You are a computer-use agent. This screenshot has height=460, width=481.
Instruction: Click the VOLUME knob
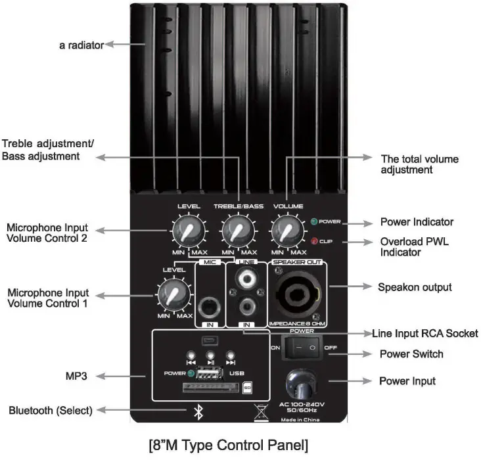pyautogui.click(x=285, y=231)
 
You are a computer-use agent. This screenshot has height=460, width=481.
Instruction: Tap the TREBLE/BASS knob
pyautogui.click(x=236, y=231)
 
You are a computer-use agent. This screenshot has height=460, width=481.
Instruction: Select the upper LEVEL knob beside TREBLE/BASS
pyautogui.click(x=187, y=231)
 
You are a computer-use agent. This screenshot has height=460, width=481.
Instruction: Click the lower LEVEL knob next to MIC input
pyautogui.click(x=173, y=293)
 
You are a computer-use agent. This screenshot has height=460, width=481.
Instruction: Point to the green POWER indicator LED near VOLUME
pyautogui.click(x=315, y=222)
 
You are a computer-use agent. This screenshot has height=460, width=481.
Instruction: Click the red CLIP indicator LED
pyautogui.click(x=315, y=241)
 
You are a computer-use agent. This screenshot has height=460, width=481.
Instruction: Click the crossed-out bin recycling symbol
pyautogui.click(x=260, y=413)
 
